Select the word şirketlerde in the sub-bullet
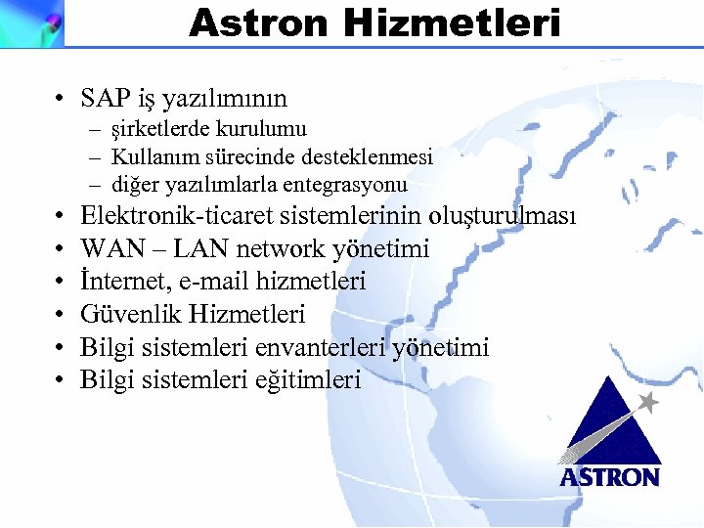[x=159, y=129]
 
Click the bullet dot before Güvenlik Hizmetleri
[x=61, y=315]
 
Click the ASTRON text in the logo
[x=609, y=477]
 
